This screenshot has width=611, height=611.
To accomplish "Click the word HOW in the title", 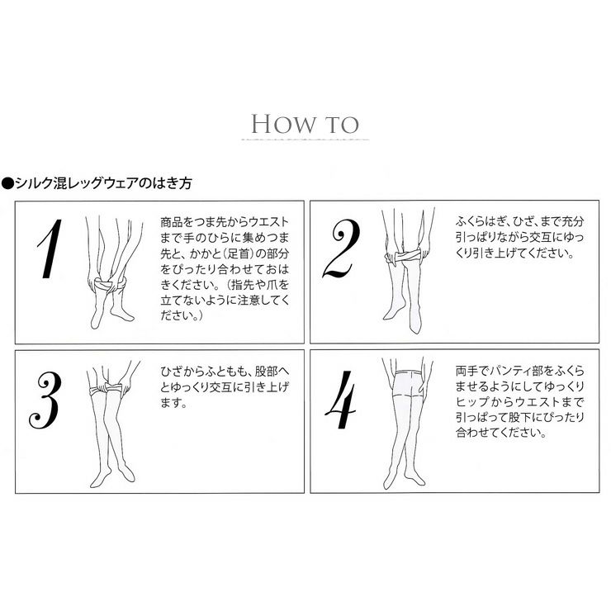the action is pos(284,125).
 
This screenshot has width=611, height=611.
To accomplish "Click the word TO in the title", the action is pos(342,125).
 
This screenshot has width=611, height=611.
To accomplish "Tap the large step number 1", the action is pos(50,249).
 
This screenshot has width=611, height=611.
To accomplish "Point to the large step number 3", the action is pos(45,400).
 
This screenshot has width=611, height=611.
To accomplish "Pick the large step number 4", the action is pos(340,400).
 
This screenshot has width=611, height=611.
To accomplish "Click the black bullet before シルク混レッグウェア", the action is pos(7,183).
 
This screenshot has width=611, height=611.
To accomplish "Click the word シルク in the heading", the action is pos(34,183).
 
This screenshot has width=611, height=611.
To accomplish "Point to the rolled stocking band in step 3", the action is pos(106,389).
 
